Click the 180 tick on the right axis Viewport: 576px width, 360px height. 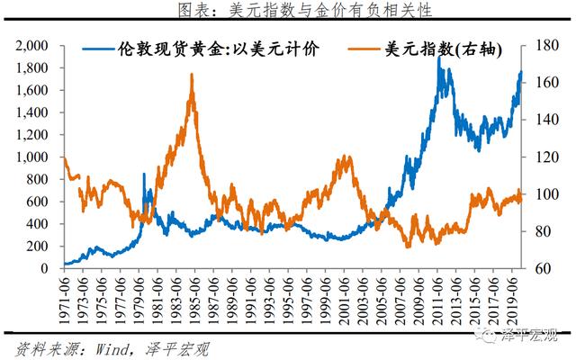click(544, 45)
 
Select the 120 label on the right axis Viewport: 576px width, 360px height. click(544, 157)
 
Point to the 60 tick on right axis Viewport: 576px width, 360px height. click(541, 268)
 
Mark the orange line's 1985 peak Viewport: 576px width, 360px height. click(192, 76)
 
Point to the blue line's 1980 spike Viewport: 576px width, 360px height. click(143, 175)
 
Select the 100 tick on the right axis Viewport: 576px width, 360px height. click(544, 193)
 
